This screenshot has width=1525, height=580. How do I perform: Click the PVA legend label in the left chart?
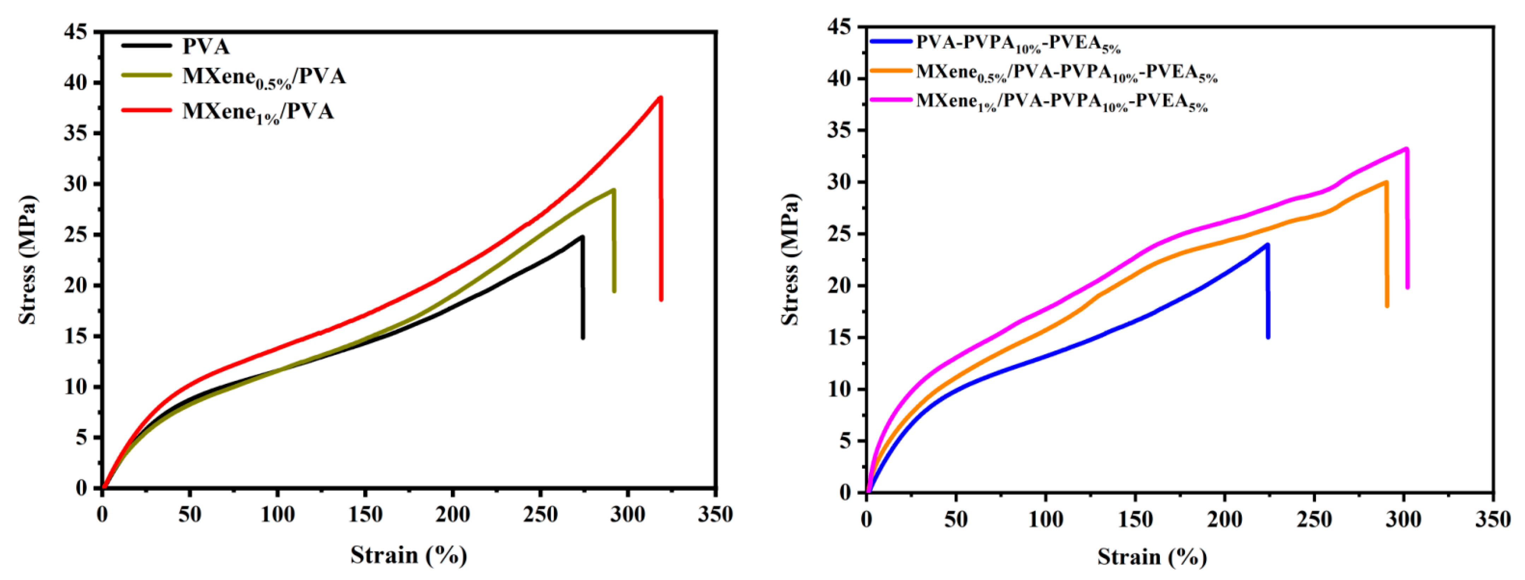coord(206,46)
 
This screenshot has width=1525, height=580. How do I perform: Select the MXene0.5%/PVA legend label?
coord(263,77)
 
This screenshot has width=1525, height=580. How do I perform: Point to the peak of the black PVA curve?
coord(582,237)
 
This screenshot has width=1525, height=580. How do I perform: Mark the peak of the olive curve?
coord(613,190)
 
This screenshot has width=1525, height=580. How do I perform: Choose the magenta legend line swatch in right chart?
coord(891,100)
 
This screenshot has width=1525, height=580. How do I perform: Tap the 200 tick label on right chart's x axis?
coord(1224,520)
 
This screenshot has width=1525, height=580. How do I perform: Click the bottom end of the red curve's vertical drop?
coord(661,299)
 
